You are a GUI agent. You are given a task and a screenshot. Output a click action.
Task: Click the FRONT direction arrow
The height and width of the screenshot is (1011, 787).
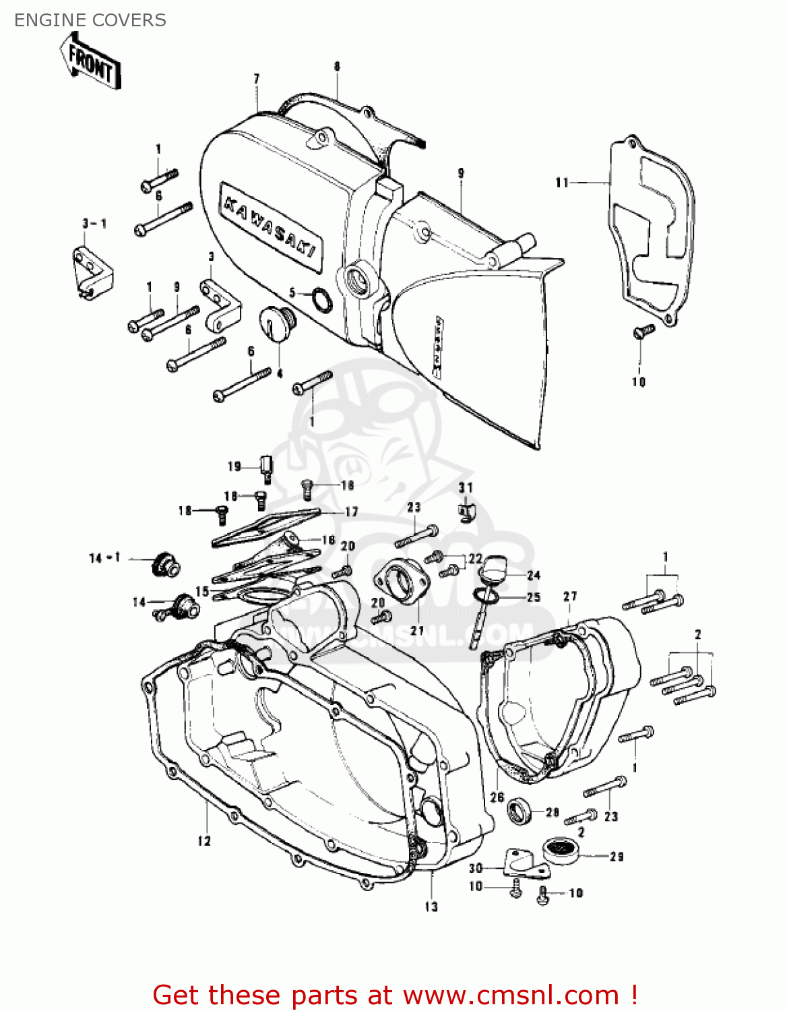tap(90, 62)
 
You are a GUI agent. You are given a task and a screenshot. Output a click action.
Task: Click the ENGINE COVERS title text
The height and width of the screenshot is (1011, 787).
tap(90, 20)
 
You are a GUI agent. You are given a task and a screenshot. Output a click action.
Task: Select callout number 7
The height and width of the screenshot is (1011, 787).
tap(257, 80)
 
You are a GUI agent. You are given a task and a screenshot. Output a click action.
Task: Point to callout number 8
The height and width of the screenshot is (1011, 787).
tap(337, 66)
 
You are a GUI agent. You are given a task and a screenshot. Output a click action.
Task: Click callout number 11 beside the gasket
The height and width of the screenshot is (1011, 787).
tap(562, 183)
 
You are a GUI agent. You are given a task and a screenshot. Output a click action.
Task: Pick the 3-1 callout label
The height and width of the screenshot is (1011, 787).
tap(94, 224)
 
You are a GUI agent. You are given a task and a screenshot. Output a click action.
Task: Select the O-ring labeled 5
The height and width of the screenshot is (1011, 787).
tap(321, 300)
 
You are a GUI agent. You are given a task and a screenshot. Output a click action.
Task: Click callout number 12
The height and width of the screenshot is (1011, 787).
tap(204, 841)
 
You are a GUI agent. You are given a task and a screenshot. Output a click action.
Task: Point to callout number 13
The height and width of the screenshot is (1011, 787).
tap(431, 907)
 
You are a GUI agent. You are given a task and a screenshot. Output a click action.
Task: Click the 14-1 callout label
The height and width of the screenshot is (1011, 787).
tap(104, 558)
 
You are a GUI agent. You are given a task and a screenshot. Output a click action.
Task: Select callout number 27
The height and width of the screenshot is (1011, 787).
tap(570, 596)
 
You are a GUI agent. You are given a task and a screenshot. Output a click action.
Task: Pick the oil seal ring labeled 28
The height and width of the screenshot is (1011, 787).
tap(520, 810)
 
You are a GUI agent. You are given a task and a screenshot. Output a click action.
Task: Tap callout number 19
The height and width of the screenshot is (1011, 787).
tap(234, 466)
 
